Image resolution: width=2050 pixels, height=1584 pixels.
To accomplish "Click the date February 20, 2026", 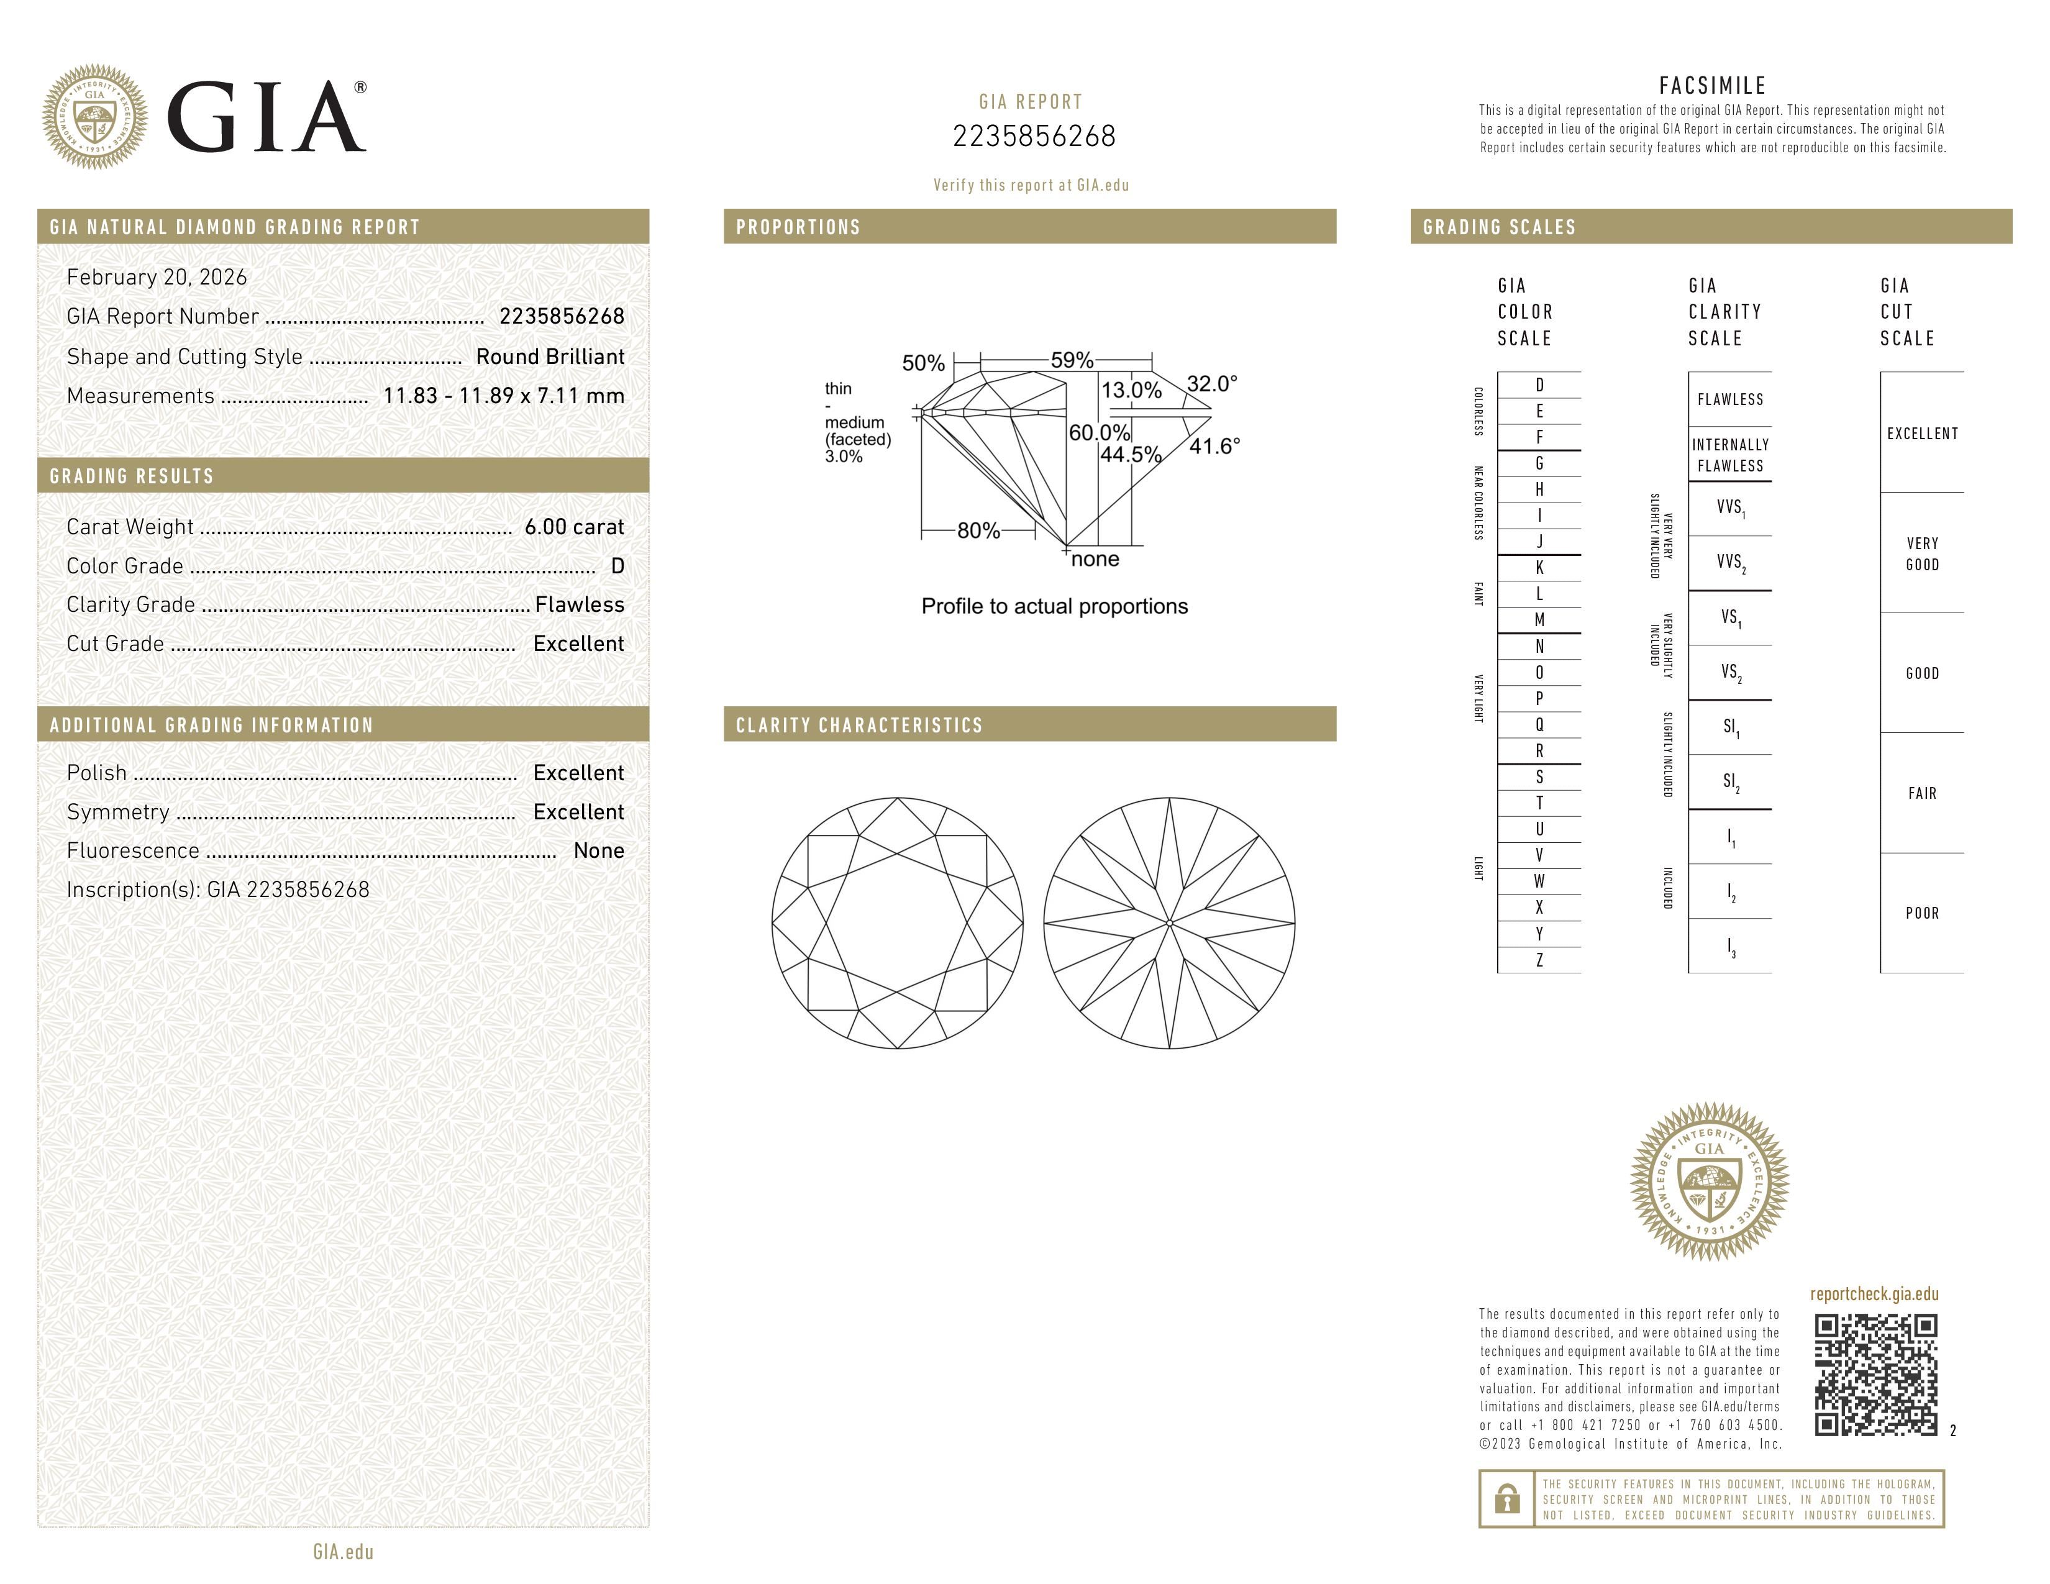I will (x=157, y=277).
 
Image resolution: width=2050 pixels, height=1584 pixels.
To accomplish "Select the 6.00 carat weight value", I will (x=573, y=526).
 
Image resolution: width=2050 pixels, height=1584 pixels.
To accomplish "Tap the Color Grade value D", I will (x=617, y=566).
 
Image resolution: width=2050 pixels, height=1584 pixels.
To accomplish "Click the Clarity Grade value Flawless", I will (x=579, y=604).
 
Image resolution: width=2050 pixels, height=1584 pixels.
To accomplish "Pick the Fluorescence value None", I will (x=598, y=850).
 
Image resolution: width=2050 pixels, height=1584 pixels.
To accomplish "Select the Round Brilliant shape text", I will (x=550, y=357).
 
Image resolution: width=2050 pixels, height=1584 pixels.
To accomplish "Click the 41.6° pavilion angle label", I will (x=1214, y=447).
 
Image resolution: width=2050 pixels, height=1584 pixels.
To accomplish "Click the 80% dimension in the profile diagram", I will (x=978, y=531).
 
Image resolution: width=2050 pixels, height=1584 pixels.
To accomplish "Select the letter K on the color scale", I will (x=1539, y=568).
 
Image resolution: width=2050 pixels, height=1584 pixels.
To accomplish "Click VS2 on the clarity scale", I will (x=1730, y=673).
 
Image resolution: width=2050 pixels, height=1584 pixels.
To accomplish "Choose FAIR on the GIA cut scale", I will (x=1921, y=794).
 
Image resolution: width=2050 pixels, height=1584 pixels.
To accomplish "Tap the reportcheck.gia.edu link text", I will (x=1874, y=1294).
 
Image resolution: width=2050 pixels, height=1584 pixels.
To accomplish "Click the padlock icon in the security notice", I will (x=1506, y=1499).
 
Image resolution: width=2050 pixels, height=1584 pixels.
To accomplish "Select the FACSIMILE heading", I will (x=1712, y=85).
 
